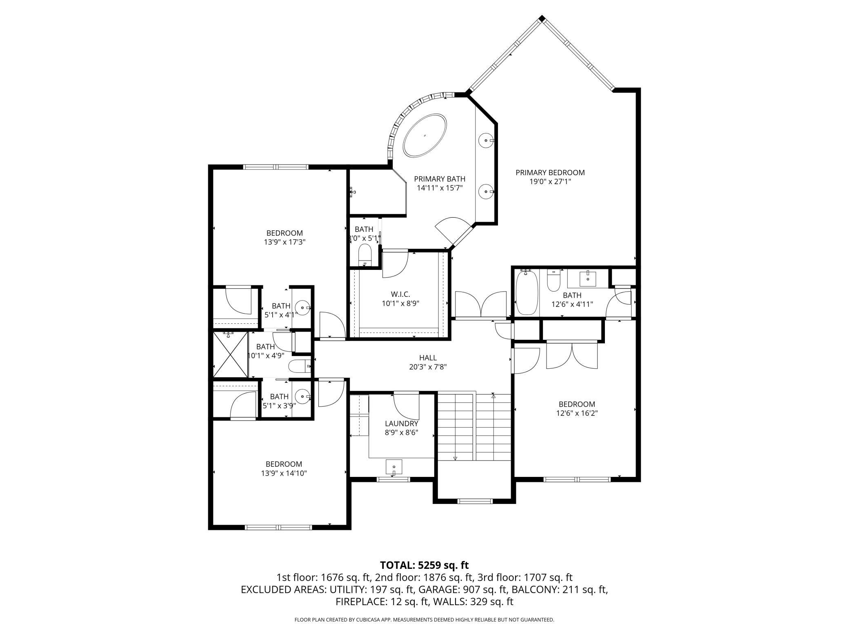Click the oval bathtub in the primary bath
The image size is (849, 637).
424,135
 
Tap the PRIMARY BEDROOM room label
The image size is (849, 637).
550,173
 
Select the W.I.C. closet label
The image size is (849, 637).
400,294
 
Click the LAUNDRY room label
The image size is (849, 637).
402,423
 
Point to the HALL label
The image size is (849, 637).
428,358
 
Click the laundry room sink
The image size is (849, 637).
394,467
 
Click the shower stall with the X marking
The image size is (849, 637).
231,354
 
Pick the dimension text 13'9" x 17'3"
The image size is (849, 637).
284,242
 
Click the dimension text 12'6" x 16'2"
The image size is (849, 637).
577,413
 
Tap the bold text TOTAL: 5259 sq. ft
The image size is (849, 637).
424,565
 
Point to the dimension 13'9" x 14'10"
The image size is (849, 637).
284,473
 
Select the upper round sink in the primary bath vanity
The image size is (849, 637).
487,140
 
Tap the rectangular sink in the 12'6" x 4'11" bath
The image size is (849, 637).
588,279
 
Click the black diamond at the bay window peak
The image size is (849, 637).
542,18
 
